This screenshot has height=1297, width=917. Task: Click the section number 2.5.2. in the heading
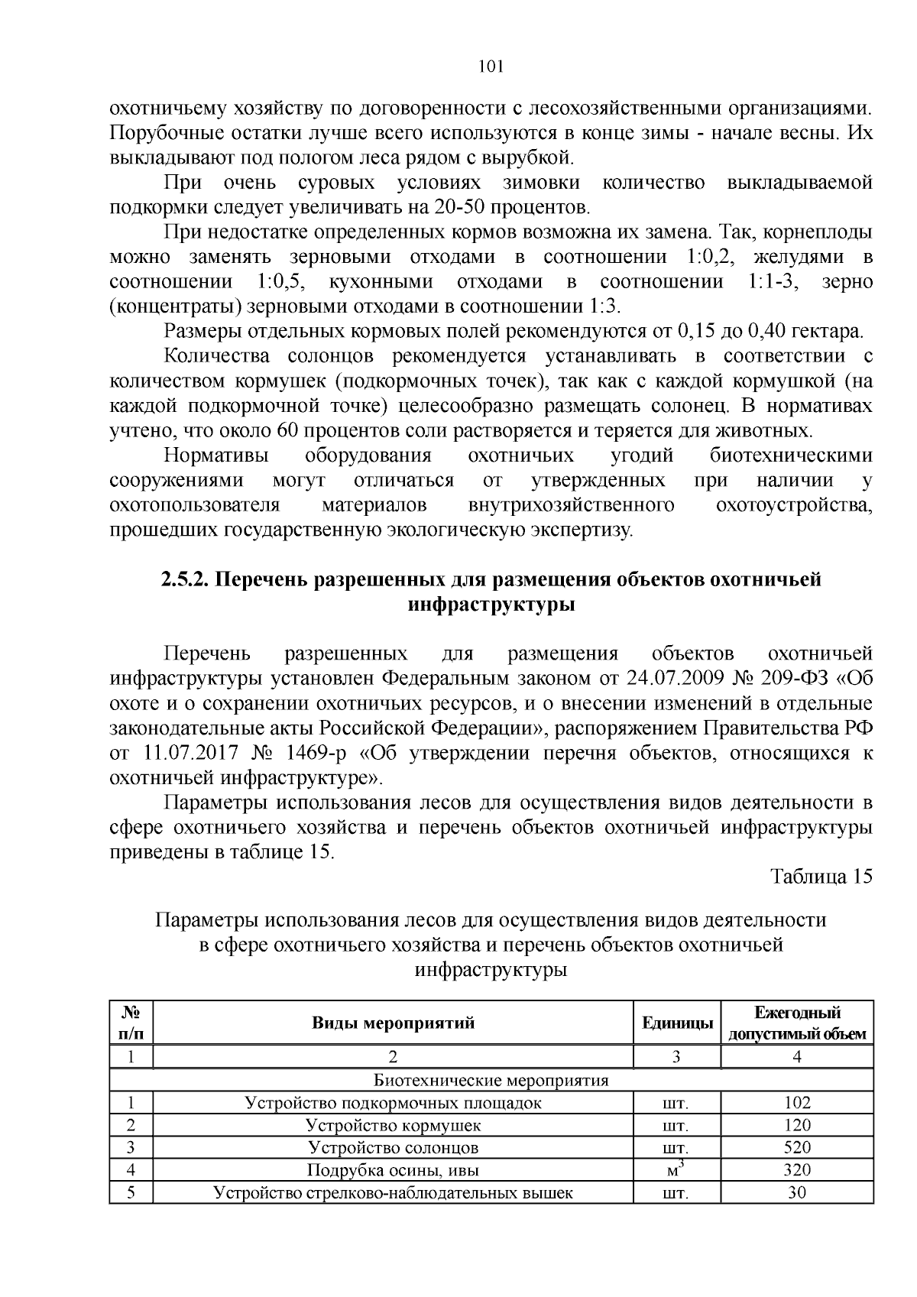point(184,579)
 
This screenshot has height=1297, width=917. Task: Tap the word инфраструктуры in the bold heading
point(491,605)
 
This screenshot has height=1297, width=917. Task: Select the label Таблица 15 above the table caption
point(821,876)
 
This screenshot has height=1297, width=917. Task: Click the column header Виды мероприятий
point(393,1023)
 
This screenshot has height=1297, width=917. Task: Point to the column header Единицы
point(677,1023)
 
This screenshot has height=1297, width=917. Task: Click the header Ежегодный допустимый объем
point(797,1023)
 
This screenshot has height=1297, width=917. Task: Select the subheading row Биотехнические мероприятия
point(491,1080)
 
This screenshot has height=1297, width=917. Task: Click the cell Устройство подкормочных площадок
point(393,1103)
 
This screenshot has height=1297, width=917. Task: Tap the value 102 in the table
point(797,1103)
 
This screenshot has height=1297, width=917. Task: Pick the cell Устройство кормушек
point(393,1125)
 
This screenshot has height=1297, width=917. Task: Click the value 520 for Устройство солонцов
point(797,1147)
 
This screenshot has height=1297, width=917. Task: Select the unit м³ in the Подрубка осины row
point(677,1169)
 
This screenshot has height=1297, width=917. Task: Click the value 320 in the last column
point(797,1169)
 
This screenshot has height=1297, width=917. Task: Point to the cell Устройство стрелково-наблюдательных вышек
point(393,1192)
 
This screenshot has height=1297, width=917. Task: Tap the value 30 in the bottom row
point(797,1192)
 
